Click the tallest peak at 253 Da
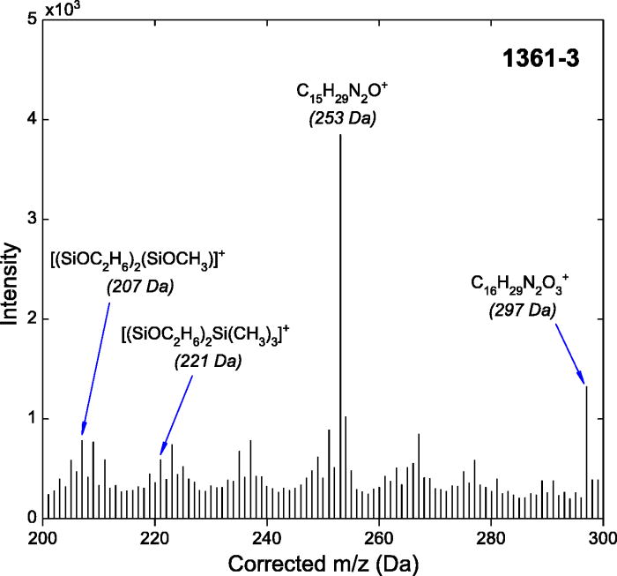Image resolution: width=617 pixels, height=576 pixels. coord(340,326)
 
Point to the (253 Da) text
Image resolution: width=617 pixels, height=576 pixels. coord(342,115)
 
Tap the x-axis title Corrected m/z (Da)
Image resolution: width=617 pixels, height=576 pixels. coord(323,563)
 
